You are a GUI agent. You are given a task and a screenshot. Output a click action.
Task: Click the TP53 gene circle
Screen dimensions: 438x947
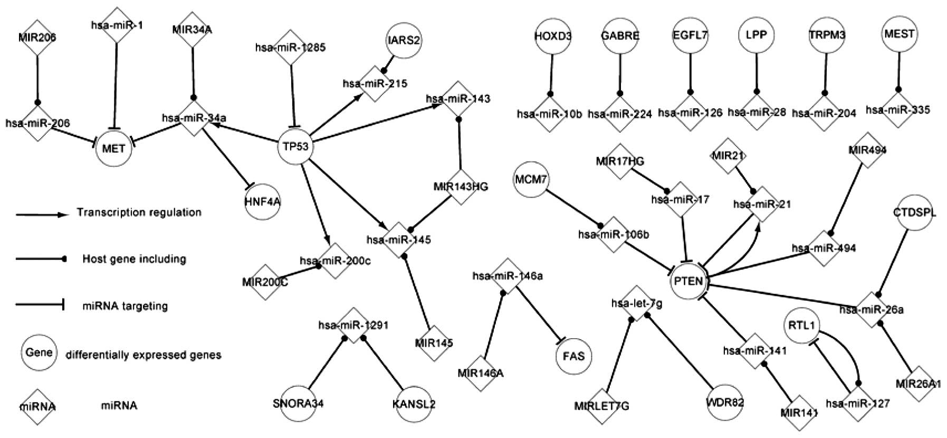[x=293, y=146]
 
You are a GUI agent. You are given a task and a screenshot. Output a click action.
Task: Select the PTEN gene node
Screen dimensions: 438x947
[x=688, y=281]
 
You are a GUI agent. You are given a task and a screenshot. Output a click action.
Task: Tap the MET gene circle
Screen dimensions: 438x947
[x=114, y=148]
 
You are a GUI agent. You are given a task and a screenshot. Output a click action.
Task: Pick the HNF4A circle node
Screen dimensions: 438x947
[x=262, y=202]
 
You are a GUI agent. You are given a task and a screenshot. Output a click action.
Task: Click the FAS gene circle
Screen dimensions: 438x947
[x=573, y=356]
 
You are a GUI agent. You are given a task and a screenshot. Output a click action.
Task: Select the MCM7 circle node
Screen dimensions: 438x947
[x=531, y=180]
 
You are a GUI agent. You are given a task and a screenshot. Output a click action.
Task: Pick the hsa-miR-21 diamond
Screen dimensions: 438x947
[x=761, y=203]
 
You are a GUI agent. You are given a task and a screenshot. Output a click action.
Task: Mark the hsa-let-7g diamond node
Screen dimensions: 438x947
[x=637, y=303]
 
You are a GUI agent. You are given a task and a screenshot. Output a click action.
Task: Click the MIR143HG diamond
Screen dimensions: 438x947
[x=461, y=187]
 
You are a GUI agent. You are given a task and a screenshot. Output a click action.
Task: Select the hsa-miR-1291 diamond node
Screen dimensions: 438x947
[x=353, y=325]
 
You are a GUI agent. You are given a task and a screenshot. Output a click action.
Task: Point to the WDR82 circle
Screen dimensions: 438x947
[x=725, y=403]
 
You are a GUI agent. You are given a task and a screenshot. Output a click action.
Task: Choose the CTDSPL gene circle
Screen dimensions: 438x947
[x=914, y=213]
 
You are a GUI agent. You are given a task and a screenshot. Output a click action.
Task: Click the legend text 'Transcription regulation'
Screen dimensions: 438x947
[x=139, y=212]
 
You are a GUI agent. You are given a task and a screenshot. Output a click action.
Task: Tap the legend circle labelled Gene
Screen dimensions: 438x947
[x=39, y=352]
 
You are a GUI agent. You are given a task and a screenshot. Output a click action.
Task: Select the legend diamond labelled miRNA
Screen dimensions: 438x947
[x=38, y=406]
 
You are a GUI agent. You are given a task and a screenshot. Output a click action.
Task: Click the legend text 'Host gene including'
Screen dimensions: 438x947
[x=134, y=259]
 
